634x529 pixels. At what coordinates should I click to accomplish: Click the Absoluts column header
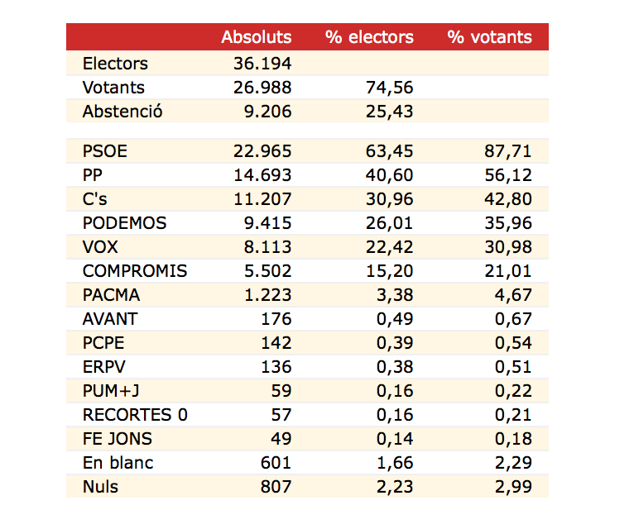[256, 37]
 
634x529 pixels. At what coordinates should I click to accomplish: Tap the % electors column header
[369, 37]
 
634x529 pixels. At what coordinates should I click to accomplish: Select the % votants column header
[489, 37]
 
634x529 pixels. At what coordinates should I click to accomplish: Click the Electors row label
[115, 64]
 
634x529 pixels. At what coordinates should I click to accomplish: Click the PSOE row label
[105, 151]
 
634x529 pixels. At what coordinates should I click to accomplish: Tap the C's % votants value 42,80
[509, 199]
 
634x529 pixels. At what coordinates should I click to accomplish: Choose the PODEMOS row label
[124, 223]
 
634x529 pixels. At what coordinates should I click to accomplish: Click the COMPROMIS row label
[135, 271]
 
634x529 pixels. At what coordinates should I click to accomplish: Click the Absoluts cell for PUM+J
[281, 391]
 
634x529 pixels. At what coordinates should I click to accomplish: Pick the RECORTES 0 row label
[135, 415]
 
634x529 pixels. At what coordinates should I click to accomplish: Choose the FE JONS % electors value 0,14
[394, 439]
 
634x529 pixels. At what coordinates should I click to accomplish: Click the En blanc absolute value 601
[276, 463]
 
